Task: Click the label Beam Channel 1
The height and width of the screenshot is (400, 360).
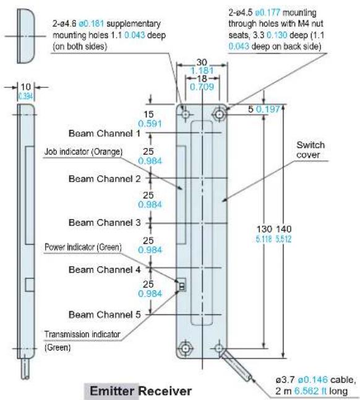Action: click(x=105, y=133)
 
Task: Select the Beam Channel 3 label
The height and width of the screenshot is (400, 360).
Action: click(x=105, y=222)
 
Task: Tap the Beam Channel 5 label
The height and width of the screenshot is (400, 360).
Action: click(x=105, y=315)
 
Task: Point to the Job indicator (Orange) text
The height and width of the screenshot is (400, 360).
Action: click(x=84, y=152)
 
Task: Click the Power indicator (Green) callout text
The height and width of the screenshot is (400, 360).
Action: click(x=83, y=247)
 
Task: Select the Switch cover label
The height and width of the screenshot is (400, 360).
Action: click(x=311, y=150)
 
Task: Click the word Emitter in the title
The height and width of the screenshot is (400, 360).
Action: click(x=112, y=391)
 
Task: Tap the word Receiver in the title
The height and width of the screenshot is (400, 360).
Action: click(x=165, y=391)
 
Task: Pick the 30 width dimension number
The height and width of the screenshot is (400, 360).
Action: click(x=202, y=63)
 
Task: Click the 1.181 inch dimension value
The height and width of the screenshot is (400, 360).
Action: click(x=202, y=71)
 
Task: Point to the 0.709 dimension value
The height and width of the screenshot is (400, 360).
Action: click(x=202, y=87)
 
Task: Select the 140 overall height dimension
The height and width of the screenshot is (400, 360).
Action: click(x=284, y=229)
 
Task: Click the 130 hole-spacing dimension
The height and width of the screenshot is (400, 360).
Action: click(x=264, y=229)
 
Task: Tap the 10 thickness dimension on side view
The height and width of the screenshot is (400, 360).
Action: click(x=25, y=87)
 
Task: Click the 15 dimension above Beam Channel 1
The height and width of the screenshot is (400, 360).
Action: click(x=148, y=115)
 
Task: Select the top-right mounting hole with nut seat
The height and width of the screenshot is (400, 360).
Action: click(x=219, y=114)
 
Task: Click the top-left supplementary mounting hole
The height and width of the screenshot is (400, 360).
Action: click(x=186, y=114)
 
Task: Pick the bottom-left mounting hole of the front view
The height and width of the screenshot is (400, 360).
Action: click(x=186, y=348)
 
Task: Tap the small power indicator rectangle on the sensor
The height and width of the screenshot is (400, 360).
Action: click(x=182, y=285)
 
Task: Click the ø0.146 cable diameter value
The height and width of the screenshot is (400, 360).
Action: click(x=312, y=380)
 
